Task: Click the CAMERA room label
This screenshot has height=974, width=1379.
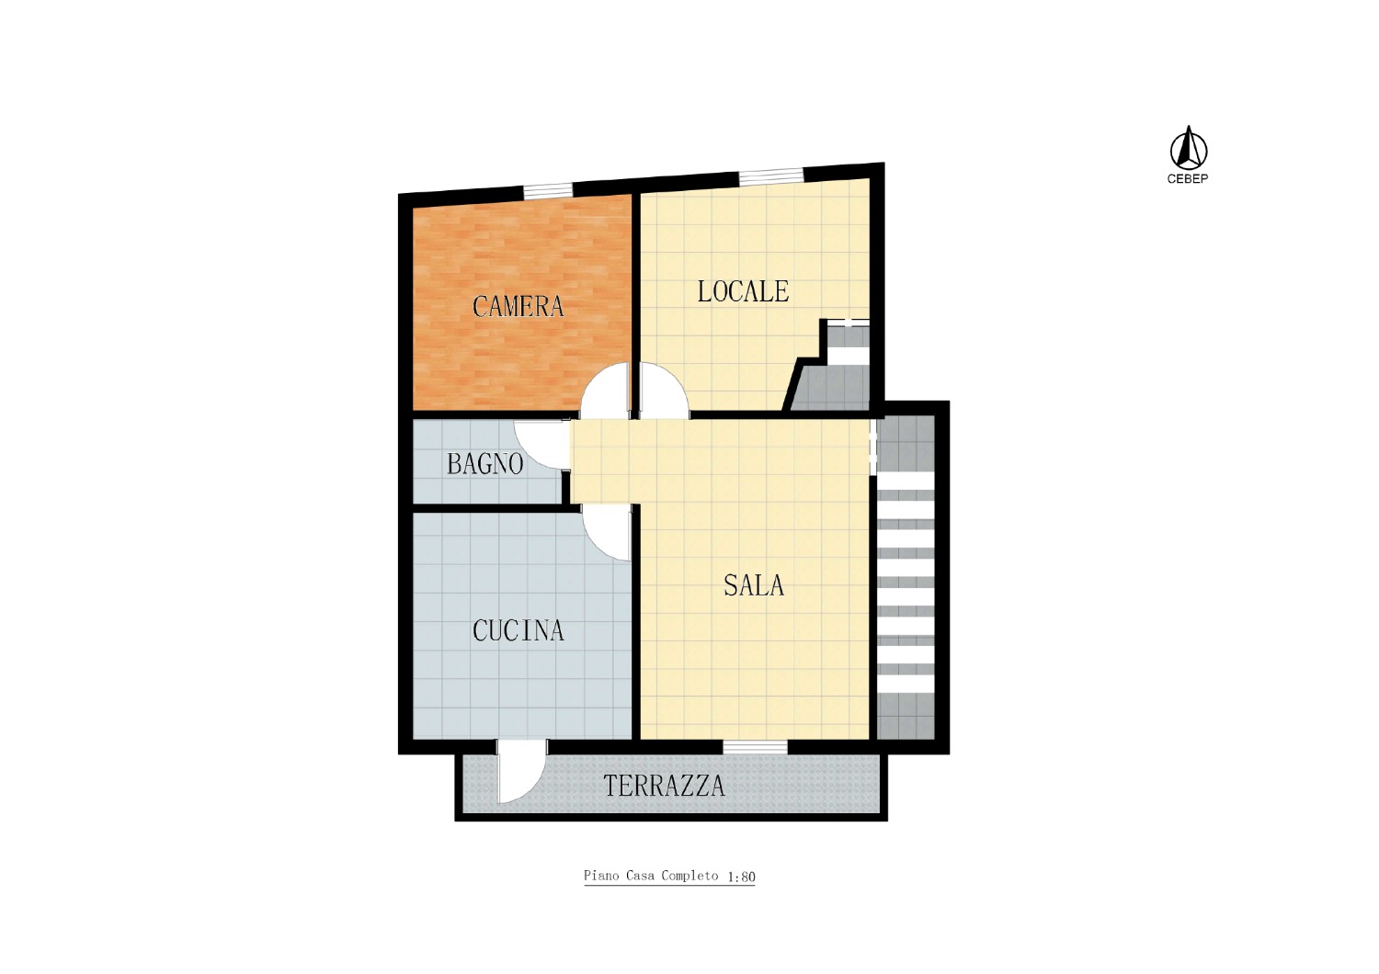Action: pyautogui.click(x=518, y=306)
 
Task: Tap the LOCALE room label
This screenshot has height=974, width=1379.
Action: pyautogui.click(x=743, y=291)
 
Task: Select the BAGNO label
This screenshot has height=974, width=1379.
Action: pyautogui.click(x=485, y=464)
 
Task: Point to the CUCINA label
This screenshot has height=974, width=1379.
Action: pyautogui.click(x=519, y=630)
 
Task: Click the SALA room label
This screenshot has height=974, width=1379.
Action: pyautogui.click(x=754, y=585)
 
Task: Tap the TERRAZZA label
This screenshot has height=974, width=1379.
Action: pyautogui.click(x=665, y=786)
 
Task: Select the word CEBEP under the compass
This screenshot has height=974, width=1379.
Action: pyautogui.click(x=1188, y=179)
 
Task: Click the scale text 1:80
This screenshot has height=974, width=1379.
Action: pyautogui.click(x=741, y=877)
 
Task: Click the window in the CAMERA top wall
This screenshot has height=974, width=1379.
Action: pyautogui.click(x=548, y=191)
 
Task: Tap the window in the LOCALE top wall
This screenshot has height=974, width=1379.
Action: pyautogui.click(x=771, y=176)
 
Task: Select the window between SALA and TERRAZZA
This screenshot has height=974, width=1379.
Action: pyautogui.click(x=755, y=747)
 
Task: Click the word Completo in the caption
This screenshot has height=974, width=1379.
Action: pyautogui.click(x=690, y=877)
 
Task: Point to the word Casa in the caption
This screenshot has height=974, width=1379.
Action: pyautogui.click(x=641, y=876)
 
